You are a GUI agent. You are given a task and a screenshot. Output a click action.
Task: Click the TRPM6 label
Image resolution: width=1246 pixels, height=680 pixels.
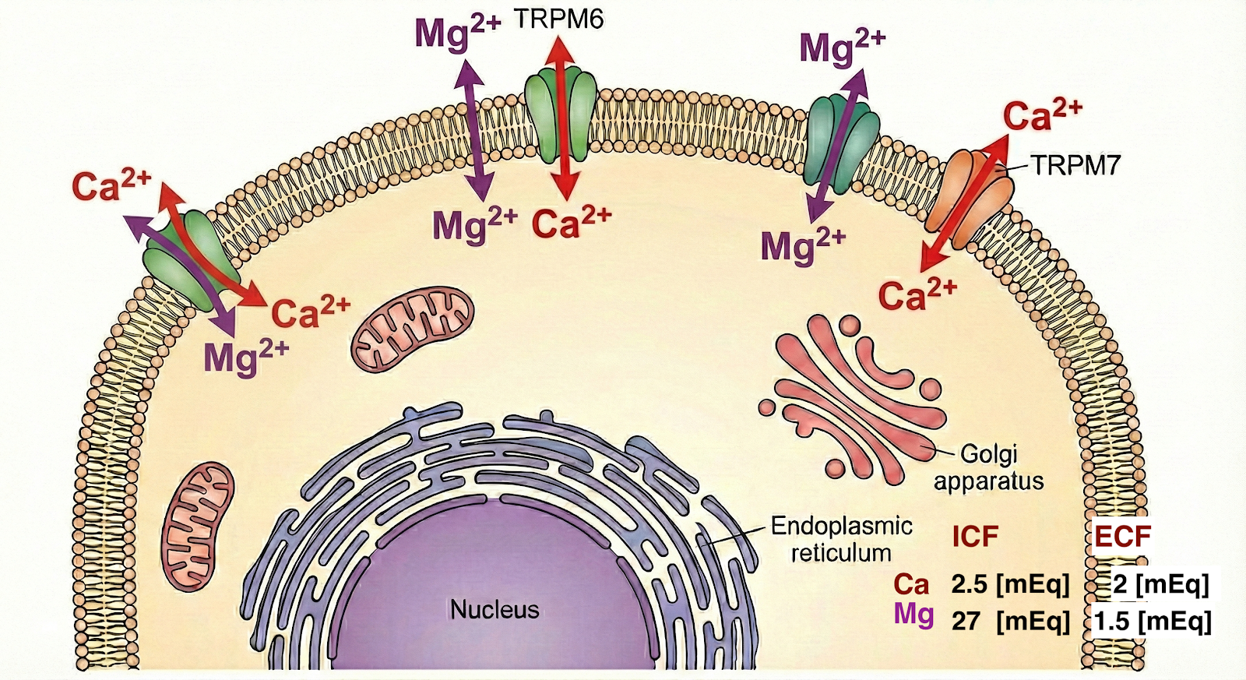(x=558, y=19)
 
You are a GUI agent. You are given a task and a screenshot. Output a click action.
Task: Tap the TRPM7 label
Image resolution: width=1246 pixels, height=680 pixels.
(x=1075, y=165)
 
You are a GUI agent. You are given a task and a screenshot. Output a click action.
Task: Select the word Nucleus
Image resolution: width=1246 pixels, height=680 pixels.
(x=495, y=609)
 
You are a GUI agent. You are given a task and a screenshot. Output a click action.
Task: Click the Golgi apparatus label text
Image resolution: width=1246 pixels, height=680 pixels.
(x=989, y=467)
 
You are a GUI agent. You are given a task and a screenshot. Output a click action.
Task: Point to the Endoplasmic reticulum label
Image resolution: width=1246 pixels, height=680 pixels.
(x=841, y=539)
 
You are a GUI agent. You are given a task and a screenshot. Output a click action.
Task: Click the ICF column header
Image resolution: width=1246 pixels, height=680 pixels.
(x=975, y=537)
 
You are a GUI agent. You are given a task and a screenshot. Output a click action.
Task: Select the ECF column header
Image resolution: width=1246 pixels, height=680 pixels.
(x=1122, y=537)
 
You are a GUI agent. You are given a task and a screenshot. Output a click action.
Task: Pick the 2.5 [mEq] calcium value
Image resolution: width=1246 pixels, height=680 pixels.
(x=1010, y=584)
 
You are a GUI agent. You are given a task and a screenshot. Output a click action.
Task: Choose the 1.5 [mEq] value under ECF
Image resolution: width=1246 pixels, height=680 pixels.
(x=1153, y=621)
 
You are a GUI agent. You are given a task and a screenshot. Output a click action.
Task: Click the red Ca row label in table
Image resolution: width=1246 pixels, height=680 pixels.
(x=911, y=584)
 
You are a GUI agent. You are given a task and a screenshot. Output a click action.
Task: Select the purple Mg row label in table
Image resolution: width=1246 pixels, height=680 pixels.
(x=913, y=615)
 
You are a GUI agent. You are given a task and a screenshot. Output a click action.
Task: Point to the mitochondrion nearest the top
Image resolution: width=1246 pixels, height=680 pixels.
(x=412, y=328)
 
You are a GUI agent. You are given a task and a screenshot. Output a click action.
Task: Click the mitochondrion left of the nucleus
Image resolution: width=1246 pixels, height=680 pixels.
(x=198, y=526)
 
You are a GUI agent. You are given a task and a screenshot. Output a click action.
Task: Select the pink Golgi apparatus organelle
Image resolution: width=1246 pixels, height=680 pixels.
(x=853, y=393)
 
